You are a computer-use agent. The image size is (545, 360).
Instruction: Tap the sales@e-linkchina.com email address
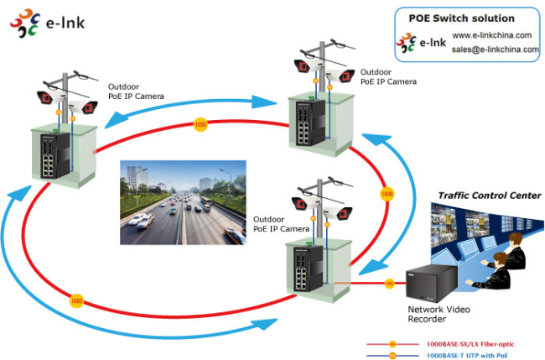pyautogui.click(x=496, y=50)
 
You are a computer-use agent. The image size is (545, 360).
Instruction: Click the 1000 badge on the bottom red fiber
pyautogui.click(x=76, y=299)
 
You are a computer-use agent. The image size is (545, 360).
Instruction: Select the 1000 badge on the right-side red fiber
pyautogui.click(x=387, y=193)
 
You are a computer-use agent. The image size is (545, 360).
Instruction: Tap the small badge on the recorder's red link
pyautogui.click(x=389, y=283)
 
